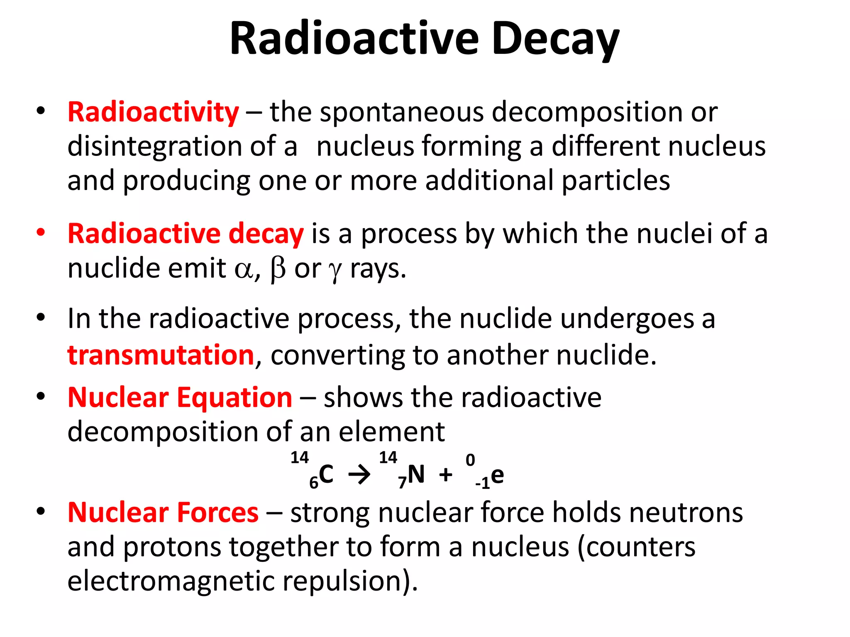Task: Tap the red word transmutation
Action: [x=161, y=355]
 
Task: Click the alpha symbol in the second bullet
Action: [x=244, y=270]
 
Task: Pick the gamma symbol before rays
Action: [x=335, y=271]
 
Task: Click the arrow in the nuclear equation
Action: [x=359, y=474]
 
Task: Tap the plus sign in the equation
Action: [x=446, y=474]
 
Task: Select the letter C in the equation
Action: [x=326, y=474]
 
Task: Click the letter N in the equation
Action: [x=416, y=474]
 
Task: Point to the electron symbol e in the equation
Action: [x=497, y=475]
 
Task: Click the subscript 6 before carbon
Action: [x=314, y=483]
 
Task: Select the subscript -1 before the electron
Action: [x=483, y=484]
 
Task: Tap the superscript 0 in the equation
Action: [x=470, y=460]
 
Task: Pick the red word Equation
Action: [x=234, y=397]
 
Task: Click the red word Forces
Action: [x=218, y=513]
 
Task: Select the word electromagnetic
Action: [x=171, y=581]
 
